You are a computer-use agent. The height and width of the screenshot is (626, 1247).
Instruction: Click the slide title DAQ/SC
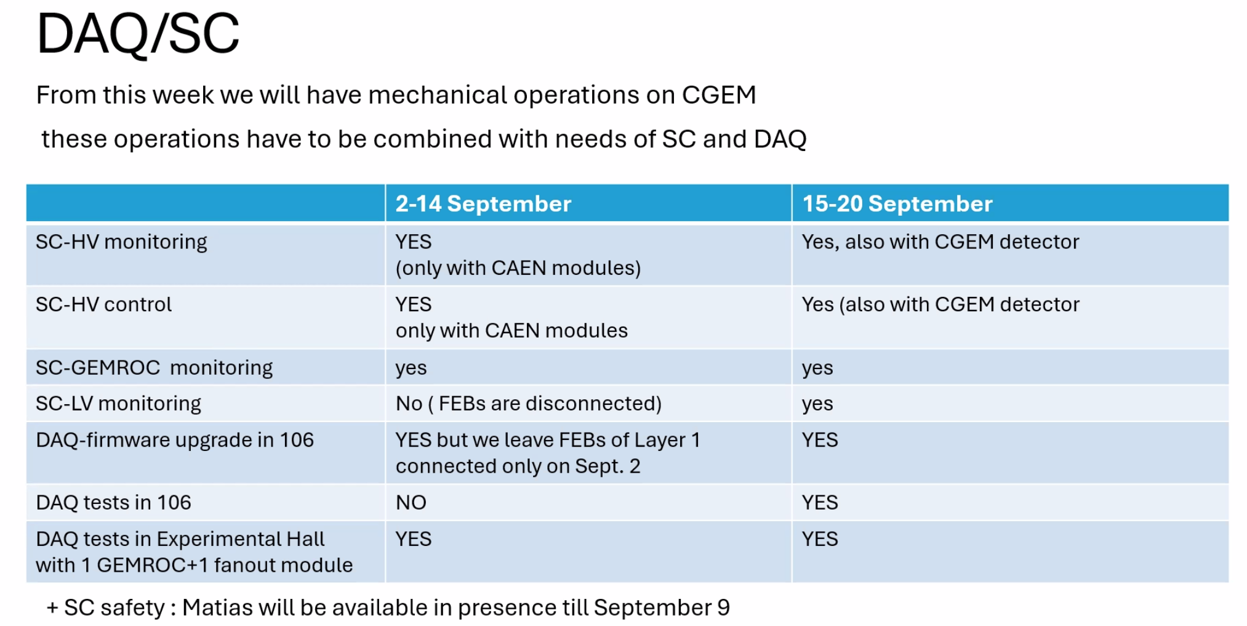click(138, 34)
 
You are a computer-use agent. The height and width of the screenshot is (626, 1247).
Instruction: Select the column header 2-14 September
click(483, 204)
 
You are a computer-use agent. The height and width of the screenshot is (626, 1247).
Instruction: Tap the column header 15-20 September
click(897, 204)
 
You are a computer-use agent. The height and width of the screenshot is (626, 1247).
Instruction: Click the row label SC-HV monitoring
click(121, 242)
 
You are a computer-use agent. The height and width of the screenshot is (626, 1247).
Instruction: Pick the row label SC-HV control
click(103, 304)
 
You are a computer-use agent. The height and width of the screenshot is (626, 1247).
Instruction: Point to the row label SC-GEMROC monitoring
click(154, 368)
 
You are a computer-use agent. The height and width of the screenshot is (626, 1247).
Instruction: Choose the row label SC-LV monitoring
click(118, 404)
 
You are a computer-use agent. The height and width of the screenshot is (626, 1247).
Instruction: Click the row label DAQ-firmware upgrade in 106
click(175, 440)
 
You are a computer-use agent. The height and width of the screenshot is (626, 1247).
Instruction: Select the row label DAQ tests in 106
click(113, 503)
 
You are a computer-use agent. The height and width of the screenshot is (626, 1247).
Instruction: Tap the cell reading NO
click(411, 503)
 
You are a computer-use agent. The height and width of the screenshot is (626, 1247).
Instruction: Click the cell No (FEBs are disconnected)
click(528, 404)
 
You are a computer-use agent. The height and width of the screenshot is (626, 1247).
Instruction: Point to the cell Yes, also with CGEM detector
click(940, 242)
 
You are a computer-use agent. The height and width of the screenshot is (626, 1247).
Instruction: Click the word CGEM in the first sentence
click(718, 96)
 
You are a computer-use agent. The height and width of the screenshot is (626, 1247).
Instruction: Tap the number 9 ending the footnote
click(723, 608)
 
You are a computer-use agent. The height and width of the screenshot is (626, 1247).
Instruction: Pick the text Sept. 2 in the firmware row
click(607, 466)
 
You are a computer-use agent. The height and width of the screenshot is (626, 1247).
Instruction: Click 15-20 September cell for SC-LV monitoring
click(817, 404)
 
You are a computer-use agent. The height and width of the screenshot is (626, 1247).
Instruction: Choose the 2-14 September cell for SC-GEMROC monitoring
click(411, 368)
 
